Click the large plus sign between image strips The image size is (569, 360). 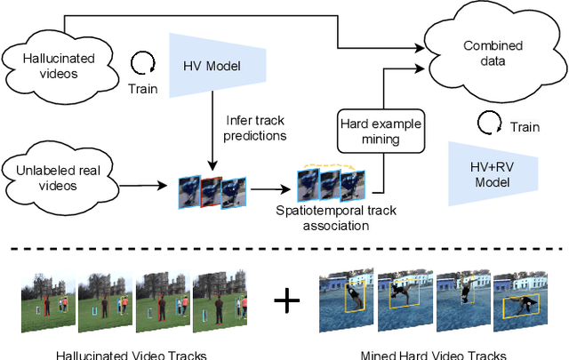click(x=286, y=302)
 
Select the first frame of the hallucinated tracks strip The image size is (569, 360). click(x=47, y=300)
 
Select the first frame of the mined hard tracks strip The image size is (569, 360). click(x=344, y=297)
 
